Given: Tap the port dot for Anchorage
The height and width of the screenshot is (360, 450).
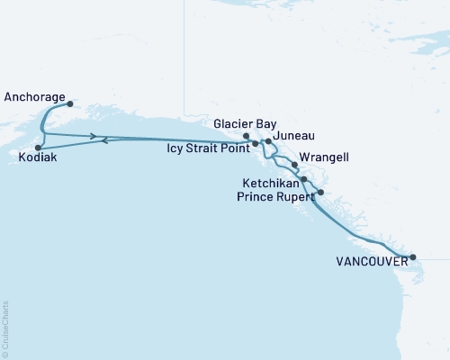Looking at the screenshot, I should (x=70, y=103).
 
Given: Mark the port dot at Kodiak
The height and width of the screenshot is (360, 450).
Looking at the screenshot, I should (x=38, y=148).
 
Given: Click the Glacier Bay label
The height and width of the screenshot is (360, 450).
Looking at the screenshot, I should (x=246, y=124).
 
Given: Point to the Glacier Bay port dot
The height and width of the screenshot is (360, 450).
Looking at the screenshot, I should (x=247, y=136).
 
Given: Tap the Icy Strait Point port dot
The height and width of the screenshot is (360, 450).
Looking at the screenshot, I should (x=256, y=143).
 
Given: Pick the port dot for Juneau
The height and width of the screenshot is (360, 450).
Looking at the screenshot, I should (x=268, y=142).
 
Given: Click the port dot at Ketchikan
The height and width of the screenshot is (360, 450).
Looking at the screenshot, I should (x=304, y=179).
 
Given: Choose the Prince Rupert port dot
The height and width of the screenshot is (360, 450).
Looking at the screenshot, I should (x=320, y=193).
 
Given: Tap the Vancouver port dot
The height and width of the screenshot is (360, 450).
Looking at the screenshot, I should (x=413, y=257).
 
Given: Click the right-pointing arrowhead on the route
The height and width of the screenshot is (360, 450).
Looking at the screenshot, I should (x=94, y=136).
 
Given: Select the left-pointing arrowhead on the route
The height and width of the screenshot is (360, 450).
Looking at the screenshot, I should (x=106, y=140).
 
